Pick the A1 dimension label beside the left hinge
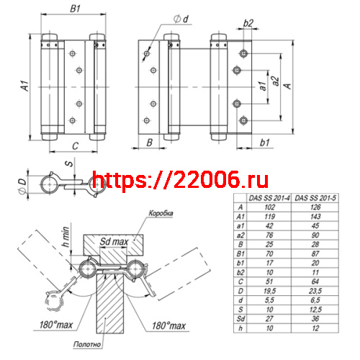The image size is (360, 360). tap(23, 86)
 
